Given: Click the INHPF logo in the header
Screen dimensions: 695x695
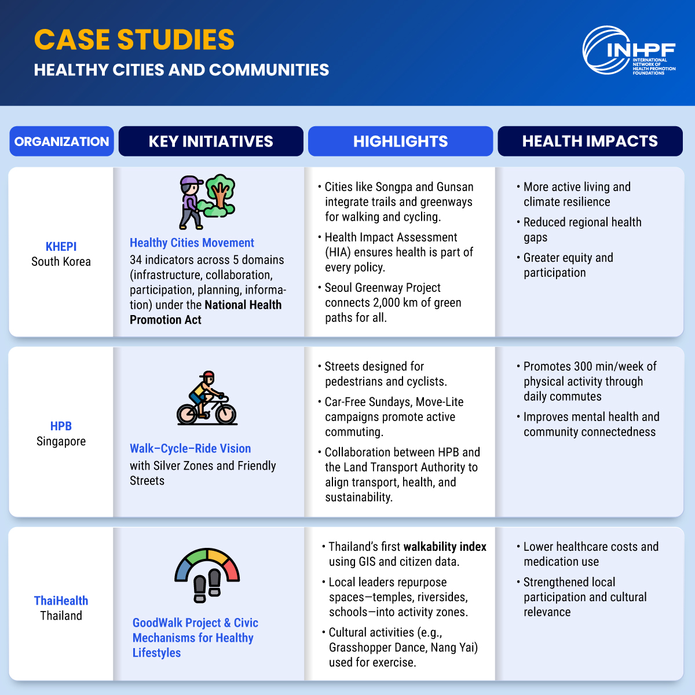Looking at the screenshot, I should click(x=628, y=51).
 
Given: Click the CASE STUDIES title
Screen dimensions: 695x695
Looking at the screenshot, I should click(x=134, y=39).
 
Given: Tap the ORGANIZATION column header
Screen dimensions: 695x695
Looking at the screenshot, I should click(x=61, y=141).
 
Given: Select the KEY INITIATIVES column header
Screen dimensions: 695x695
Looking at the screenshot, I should click(x=211, y=141).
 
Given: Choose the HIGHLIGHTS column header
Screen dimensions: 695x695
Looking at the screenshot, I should click(x=400, y=141).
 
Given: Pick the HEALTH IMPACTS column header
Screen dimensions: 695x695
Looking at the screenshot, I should click(x=590, y=141).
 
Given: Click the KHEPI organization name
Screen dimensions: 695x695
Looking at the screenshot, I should click(x=61, y=246).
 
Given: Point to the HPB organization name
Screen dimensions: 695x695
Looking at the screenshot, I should click(x=61, y=426).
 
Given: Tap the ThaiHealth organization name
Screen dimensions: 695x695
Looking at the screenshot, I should click(x=61, y=601).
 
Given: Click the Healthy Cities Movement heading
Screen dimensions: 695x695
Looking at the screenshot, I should click(x=192, y=243).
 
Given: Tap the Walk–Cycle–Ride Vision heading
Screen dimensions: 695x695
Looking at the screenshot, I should click(x=190, y=448).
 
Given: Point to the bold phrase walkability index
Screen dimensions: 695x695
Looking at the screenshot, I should click(x=445, y=547).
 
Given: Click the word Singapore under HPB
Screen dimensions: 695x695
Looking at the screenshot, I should click(x=61, y=441).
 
